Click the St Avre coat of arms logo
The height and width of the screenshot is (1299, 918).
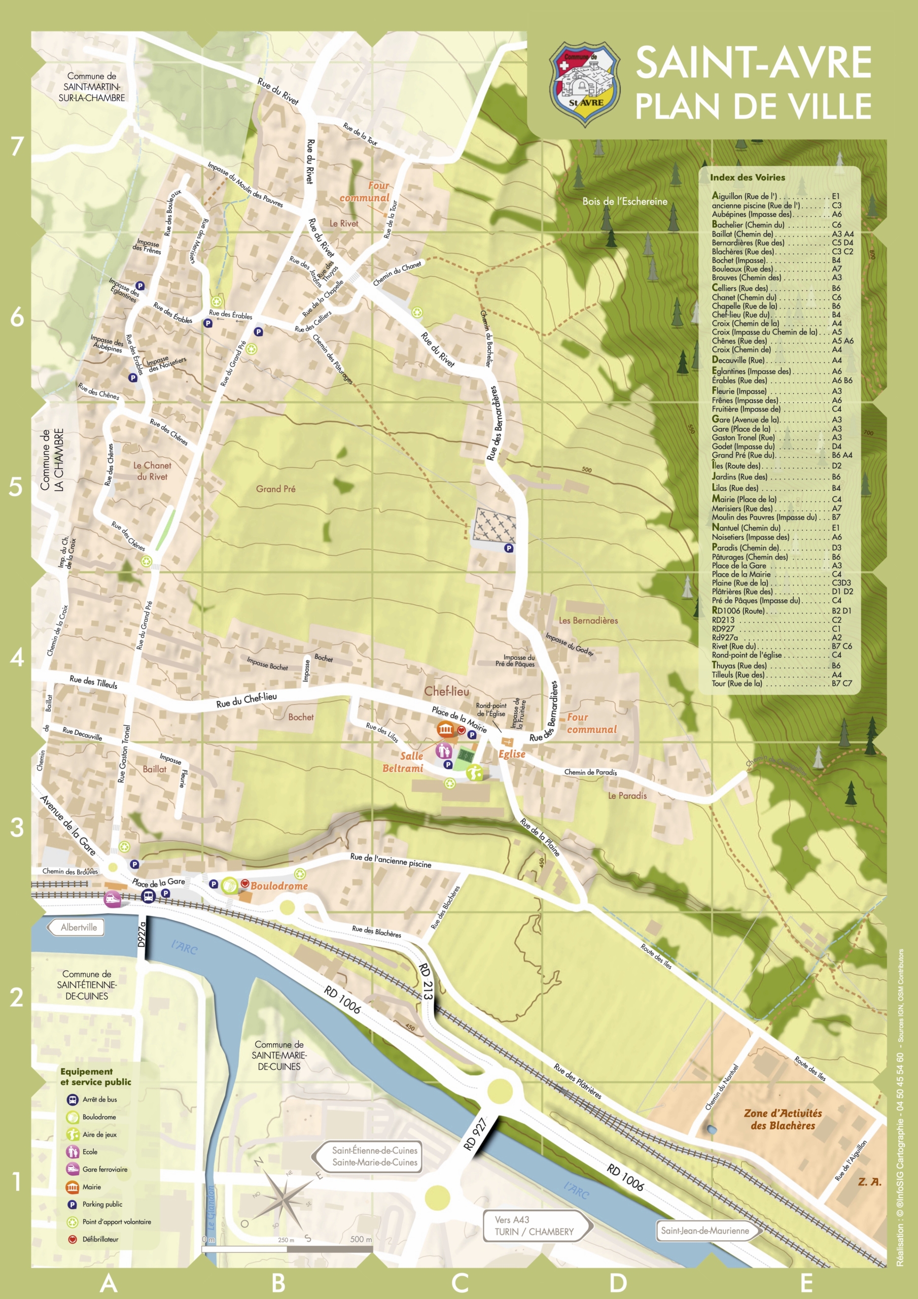click(x=585, y=84)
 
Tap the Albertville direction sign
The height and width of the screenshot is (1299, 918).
click(x=78, y=927)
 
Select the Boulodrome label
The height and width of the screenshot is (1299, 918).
click(x=279, y=886)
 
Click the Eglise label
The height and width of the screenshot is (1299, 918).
click(x=511, y=754)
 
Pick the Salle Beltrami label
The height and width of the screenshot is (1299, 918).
click(x=403, y=762)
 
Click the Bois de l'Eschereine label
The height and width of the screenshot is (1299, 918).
click(x=624, y=201)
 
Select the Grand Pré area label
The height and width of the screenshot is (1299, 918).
click(x=275, y=489)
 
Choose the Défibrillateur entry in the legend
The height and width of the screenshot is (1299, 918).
click(x=99, y=1239)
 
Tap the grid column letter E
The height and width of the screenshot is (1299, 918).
click(x=806, y=1282)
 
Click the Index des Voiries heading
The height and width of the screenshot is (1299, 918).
click(x=747, y=177)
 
